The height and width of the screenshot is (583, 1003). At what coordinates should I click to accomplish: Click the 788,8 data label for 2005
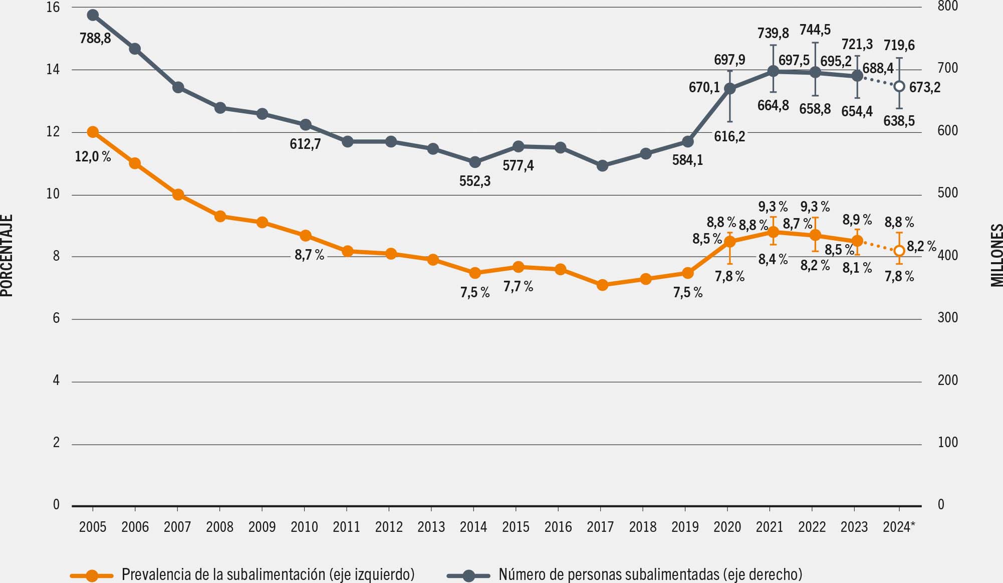(95, 38)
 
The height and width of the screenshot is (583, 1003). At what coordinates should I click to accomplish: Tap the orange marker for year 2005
(93, 132)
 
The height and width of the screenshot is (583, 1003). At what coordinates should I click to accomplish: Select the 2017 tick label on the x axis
(600, 527)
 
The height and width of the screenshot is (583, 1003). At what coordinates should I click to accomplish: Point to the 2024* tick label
(899, 527)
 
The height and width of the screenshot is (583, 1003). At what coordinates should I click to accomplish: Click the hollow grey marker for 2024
(899, 86)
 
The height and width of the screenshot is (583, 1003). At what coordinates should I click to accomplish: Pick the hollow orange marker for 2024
(899, 250)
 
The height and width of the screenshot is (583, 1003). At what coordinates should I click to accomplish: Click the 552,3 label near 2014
(475, 181)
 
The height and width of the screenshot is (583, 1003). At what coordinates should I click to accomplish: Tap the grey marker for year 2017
(603, 165)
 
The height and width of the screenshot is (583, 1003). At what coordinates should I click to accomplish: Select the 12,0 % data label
(93, 157)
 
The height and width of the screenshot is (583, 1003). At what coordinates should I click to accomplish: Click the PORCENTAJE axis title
(7, 256)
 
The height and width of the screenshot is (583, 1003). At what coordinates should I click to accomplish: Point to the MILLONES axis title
(996, 256)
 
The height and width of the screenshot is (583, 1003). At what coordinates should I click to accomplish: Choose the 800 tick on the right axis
(947, 7)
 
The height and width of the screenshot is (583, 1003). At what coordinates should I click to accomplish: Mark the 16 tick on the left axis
(53, 8)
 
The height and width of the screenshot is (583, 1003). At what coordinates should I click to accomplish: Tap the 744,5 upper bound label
(815, 30)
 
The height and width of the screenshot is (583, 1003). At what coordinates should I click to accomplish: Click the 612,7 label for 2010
(305, 144)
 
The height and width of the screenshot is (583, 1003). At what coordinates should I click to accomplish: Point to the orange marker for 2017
(603, 285)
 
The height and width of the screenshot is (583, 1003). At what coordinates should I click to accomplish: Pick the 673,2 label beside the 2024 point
(925, 88)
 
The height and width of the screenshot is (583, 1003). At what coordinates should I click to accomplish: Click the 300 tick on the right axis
(947, 318)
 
